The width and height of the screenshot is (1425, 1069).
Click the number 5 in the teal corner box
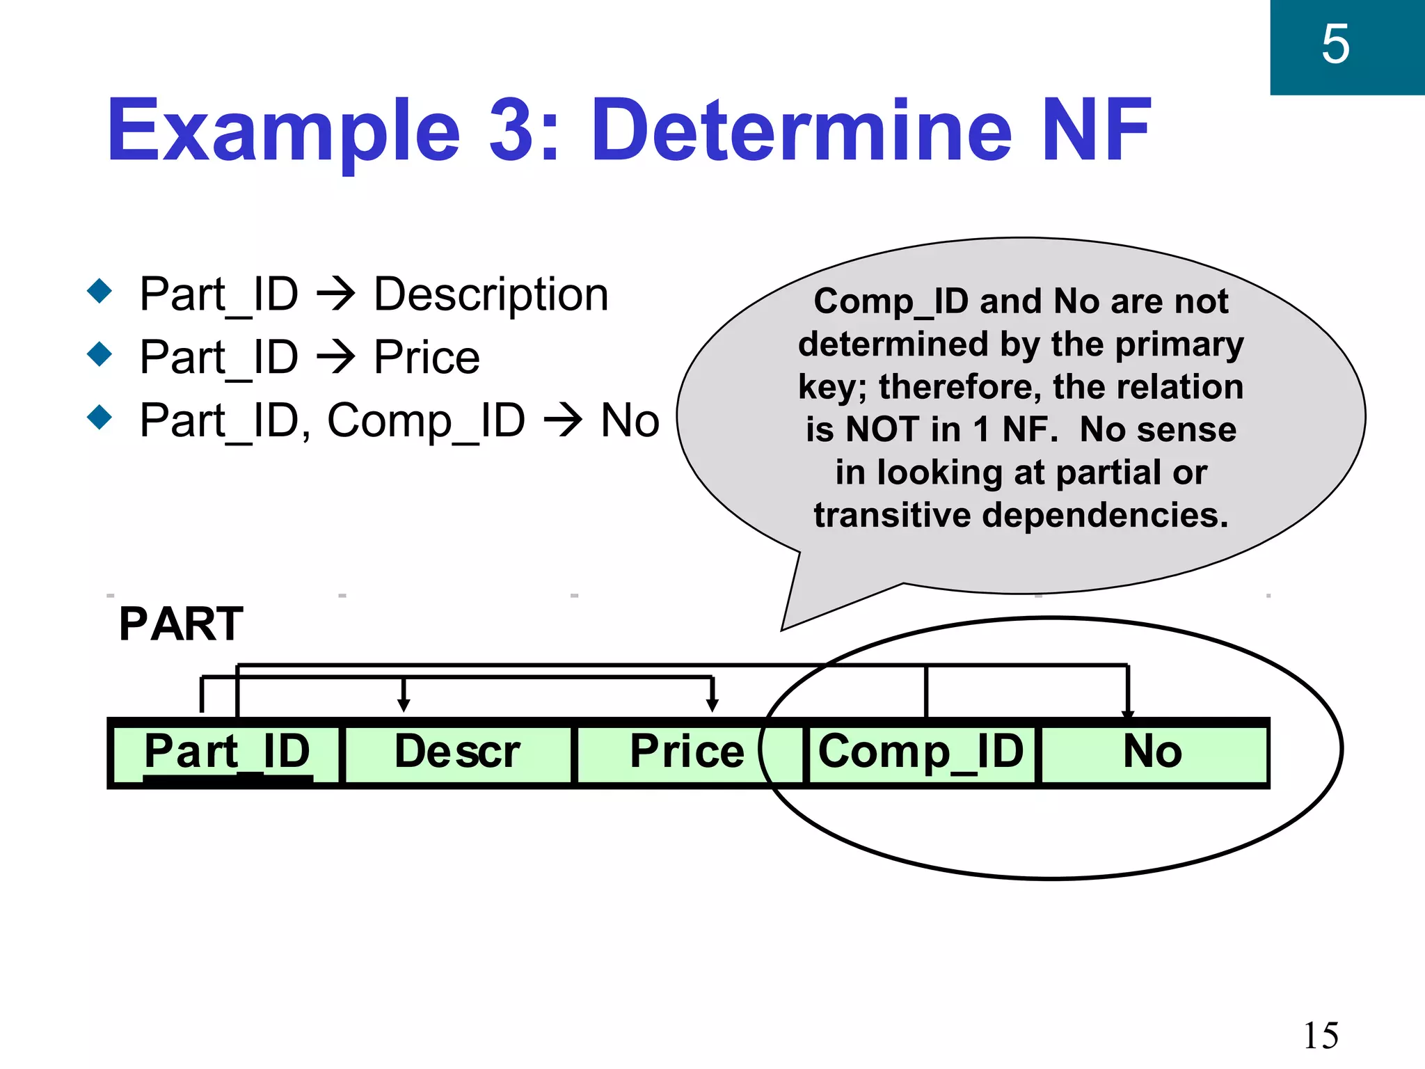tap(1335, 45)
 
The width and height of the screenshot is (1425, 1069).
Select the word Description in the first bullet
tap(491, 294)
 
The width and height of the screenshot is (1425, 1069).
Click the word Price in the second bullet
tap(427, 358)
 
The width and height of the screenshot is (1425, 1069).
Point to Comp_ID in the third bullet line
tap(426, 421)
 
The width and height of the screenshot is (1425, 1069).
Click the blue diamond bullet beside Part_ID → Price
tap(100, 354)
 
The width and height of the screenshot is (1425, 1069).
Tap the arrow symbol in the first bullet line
tap(335, 295)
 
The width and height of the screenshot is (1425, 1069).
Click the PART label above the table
tap(181, 624)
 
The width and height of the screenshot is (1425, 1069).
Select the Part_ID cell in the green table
tap(226, 752)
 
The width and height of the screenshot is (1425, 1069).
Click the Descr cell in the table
tap(457, 752)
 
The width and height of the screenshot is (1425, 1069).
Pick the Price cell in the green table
tap(687, 752)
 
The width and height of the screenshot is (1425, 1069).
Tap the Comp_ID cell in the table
tap(921, 752)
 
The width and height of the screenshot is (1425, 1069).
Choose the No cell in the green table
tap(1152, 752)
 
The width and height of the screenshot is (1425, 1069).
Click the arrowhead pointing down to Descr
tap(404, 705)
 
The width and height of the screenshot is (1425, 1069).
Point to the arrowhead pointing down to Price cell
tap(712, 705)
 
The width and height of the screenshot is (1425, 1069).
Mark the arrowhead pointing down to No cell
tap(1128, 713)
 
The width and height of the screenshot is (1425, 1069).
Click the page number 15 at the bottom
tap(1321, 1036)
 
